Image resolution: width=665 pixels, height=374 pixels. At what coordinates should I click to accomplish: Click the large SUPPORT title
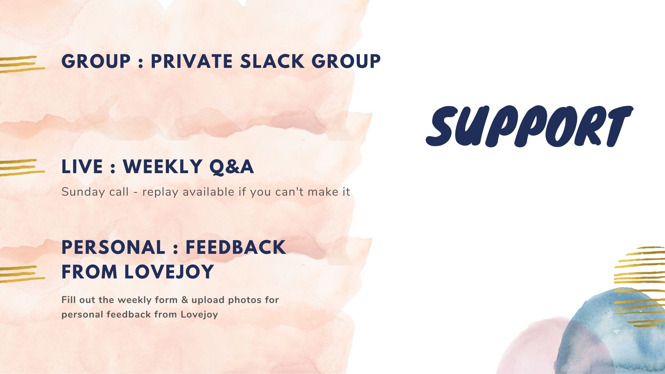[x=529, y=126]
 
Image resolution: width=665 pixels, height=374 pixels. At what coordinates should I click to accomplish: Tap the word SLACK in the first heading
[x=272, y=61]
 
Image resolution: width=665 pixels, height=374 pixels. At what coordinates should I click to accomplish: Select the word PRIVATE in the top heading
[x=192, y=61]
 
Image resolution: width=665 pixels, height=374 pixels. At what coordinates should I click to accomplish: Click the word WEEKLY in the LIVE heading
[x=163, y=167]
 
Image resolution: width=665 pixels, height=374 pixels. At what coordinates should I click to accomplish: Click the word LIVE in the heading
[x=82, y=167]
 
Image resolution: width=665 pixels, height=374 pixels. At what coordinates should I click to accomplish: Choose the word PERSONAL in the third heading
[x=113, y=247]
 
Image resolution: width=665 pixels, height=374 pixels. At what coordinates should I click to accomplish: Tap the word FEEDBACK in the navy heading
[x=236, y=247]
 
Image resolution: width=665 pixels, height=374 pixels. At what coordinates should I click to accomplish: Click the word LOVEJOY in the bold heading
[x=169, y=271]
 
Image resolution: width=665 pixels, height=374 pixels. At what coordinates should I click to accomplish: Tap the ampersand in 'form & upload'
[x=185, y=300]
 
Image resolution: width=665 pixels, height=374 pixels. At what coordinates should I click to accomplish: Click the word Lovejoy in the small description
[x=199, y=315]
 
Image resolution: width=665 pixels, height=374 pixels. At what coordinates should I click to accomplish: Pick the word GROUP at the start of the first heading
[x=96, y=61]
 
